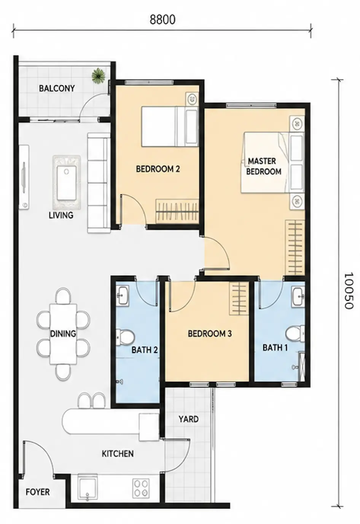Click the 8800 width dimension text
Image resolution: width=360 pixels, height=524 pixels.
[x=162, y=20]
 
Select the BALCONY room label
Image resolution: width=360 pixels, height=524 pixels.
[x=57, y=88]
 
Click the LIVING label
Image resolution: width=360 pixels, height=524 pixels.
[x=61, y=215]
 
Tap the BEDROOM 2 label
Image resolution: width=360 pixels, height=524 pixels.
[x=158, y=169]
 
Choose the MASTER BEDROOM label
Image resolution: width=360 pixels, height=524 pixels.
[x=263, y=166]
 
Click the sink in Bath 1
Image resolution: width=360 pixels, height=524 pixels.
[x=298, y=297]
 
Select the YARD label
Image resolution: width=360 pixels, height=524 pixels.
[x=189, y=419]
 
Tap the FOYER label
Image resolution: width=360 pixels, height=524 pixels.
[x=38, y=492]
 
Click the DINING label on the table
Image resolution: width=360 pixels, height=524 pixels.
[x=63, y=334]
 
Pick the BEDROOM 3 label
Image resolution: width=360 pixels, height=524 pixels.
[x=210, y=334]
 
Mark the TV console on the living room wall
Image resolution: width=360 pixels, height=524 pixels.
[x=24, y=177]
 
